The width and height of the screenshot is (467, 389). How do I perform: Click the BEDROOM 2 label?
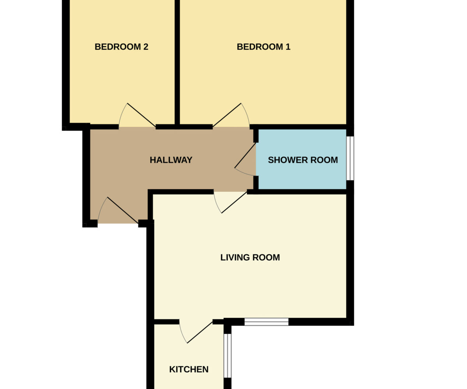pyautogui.click(x=121, y=47)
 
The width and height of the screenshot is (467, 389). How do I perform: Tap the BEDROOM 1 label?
pyautogui.click(x=263, y=47)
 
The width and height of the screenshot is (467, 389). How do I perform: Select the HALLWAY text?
pyautogui.click(x=171, y=160)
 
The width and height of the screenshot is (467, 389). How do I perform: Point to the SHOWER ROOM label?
pyautogui.click(x=303, y=160)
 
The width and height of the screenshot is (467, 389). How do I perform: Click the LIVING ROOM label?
pyautogui.click(x=250, y=257)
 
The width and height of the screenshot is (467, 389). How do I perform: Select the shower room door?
pyautogui.click(x=245, y=159)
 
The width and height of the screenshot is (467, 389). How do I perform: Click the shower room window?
pyautogui.click(x=350, y=158)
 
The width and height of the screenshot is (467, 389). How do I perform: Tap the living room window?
pyautogui.click(x=266, y=322)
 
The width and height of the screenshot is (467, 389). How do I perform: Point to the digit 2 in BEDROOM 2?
pyautogui.click(x=146, y=47)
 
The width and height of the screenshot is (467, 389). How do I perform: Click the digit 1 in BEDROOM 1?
pyautogui.click(x=288, y=47)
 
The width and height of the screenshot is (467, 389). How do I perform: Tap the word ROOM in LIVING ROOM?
pyautogui.click(x=266, y=257)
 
